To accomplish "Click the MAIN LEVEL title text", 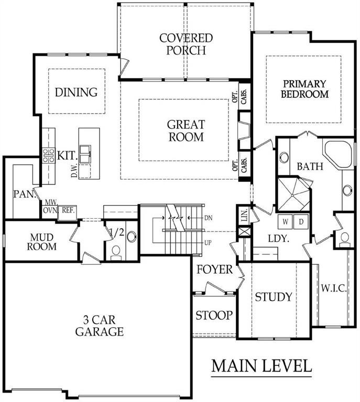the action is point(261,366).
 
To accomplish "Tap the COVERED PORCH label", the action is point(186,44).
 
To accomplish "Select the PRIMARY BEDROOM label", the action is point(304,89).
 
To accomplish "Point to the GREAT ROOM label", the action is point(186,131).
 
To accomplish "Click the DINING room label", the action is point(77,92).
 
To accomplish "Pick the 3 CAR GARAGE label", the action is point(100,326).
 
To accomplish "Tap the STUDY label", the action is point(274,297).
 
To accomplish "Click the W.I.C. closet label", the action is point(334,288).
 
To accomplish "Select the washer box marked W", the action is point(286,221).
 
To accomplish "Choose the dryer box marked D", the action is point(301,221).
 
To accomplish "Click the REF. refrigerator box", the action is point(68,213).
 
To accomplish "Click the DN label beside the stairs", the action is point(209,218).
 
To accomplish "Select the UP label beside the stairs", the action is point(208,242).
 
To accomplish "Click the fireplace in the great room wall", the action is point(244,130).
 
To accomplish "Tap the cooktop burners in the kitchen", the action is point(49,155).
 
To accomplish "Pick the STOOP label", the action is point(214,315).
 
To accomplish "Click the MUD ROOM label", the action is point(42,242).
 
